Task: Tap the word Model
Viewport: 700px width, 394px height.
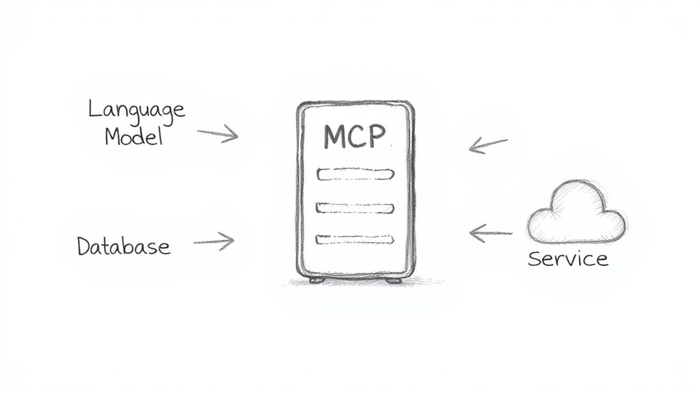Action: (133, 136)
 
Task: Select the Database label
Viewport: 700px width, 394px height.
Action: (124, 246)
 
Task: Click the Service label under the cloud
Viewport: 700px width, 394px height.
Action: (568, 259)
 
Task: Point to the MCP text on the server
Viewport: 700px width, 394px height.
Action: (355, 136)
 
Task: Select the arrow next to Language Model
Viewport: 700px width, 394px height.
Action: (218, 133)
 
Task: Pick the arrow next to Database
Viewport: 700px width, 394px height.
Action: (214, 241)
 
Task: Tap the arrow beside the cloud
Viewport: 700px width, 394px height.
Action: (491, 233)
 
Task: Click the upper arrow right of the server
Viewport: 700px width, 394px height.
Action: (488, 145)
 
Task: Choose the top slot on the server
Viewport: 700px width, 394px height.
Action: (355, 174)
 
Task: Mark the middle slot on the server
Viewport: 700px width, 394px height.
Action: (355, 208)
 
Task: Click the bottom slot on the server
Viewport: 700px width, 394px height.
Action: (355, 240)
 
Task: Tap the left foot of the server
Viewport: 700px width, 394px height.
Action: (317, 280)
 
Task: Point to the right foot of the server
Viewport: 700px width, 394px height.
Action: (393, 280)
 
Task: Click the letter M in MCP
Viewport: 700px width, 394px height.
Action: (334, 137)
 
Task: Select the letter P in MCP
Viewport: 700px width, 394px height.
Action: (377, 136)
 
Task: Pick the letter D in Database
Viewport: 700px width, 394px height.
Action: (84, 246)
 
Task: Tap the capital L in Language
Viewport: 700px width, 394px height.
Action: (94, 108)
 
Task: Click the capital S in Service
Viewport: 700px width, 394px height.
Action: (535, 259)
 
